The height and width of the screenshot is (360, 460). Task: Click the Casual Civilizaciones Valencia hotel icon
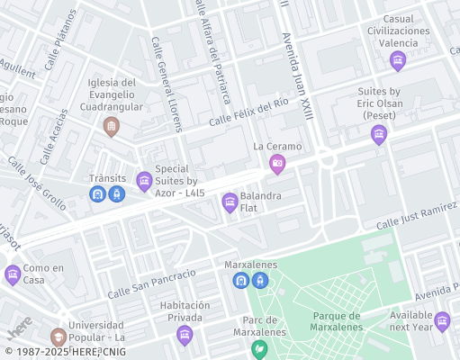[398, 61]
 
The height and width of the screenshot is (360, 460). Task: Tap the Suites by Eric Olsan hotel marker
[379, 135]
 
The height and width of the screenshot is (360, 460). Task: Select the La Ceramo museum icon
[277, 164]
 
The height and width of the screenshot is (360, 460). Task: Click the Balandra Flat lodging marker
[230, 202]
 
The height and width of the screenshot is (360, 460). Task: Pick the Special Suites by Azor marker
[144, 182]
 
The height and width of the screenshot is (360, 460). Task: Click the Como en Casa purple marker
[13, 274]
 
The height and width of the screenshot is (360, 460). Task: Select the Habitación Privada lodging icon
[185, 336]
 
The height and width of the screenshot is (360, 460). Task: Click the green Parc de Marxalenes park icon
[260, 348]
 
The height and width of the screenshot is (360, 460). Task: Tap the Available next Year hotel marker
[442, 321]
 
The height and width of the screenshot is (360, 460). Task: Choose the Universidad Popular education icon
[59, 337]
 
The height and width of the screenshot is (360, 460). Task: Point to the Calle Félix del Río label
[248, 114]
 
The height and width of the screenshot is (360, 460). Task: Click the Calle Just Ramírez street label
[417, 216]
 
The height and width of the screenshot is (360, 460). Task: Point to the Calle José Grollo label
[37, 184]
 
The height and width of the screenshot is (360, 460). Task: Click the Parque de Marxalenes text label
[350, 320]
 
